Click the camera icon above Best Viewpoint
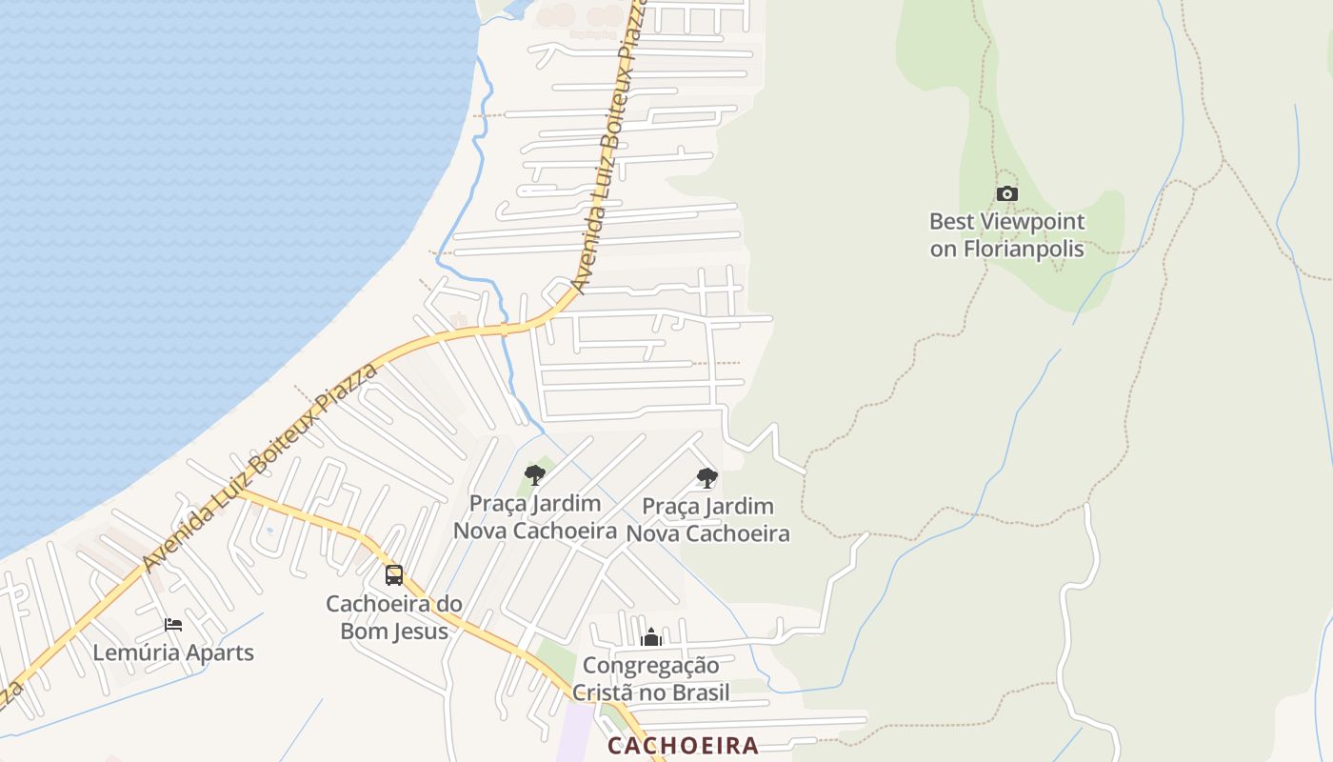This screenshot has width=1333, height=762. point(1006,194)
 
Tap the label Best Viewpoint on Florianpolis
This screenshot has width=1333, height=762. point(1006,235)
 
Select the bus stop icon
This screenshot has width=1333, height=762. point(393,575)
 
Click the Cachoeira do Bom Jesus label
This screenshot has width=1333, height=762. point(394,617)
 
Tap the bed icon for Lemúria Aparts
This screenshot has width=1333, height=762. point(173,625)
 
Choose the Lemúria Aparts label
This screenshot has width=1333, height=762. point(173,653)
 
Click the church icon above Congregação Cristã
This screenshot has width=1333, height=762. point(651,637)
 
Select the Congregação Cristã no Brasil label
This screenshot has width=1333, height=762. point(651,679)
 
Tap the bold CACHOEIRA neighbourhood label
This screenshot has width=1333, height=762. point(683,746)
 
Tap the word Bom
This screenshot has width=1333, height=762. point(360,631)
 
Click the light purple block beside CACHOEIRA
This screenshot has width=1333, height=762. point(580,732)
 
